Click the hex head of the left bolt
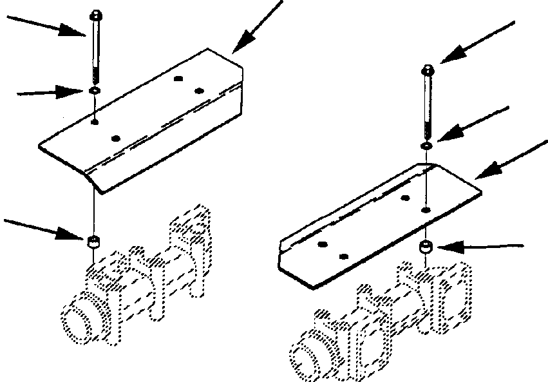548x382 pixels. pos(95,14)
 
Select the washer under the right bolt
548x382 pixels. pos(427,146)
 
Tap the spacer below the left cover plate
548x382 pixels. pos(94,242)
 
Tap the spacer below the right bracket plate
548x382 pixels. pos(426,247)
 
